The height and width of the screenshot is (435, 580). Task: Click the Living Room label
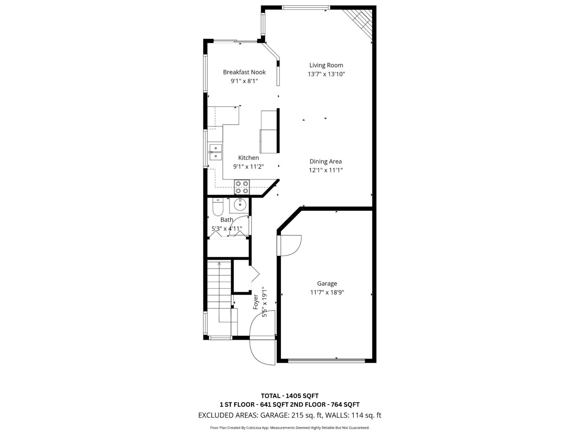tap(326, 65)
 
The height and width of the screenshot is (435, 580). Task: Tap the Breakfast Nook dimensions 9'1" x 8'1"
tap(244, 81)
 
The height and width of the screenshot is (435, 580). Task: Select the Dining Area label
tap(326, 161)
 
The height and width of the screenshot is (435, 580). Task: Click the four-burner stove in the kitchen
tap(242, 187)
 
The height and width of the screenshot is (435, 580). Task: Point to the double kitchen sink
tap(215, 152)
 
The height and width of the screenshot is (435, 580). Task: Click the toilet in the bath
tap(218, 207)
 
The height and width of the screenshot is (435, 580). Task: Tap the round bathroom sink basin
tap(240, 205)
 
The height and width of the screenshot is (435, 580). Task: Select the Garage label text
tap(327, 283)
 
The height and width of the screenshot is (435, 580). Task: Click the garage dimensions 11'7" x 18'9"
tap(327, 293)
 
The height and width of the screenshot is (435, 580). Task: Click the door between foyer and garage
tap(289, 246)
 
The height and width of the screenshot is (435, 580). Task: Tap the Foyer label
tap(256, 302)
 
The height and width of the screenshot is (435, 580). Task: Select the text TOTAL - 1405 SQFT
tap(290, 396)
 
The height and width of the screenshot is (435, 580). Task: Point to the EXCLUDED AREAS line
tap(290, 415)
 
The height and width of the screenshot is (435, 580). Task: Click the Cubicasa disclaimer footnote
tap(290, 428)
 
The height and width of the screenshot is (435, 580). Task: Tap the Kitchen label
tap(248, 158)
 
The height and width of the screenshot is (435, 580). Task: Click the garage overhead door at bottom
tap(326, 360)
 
